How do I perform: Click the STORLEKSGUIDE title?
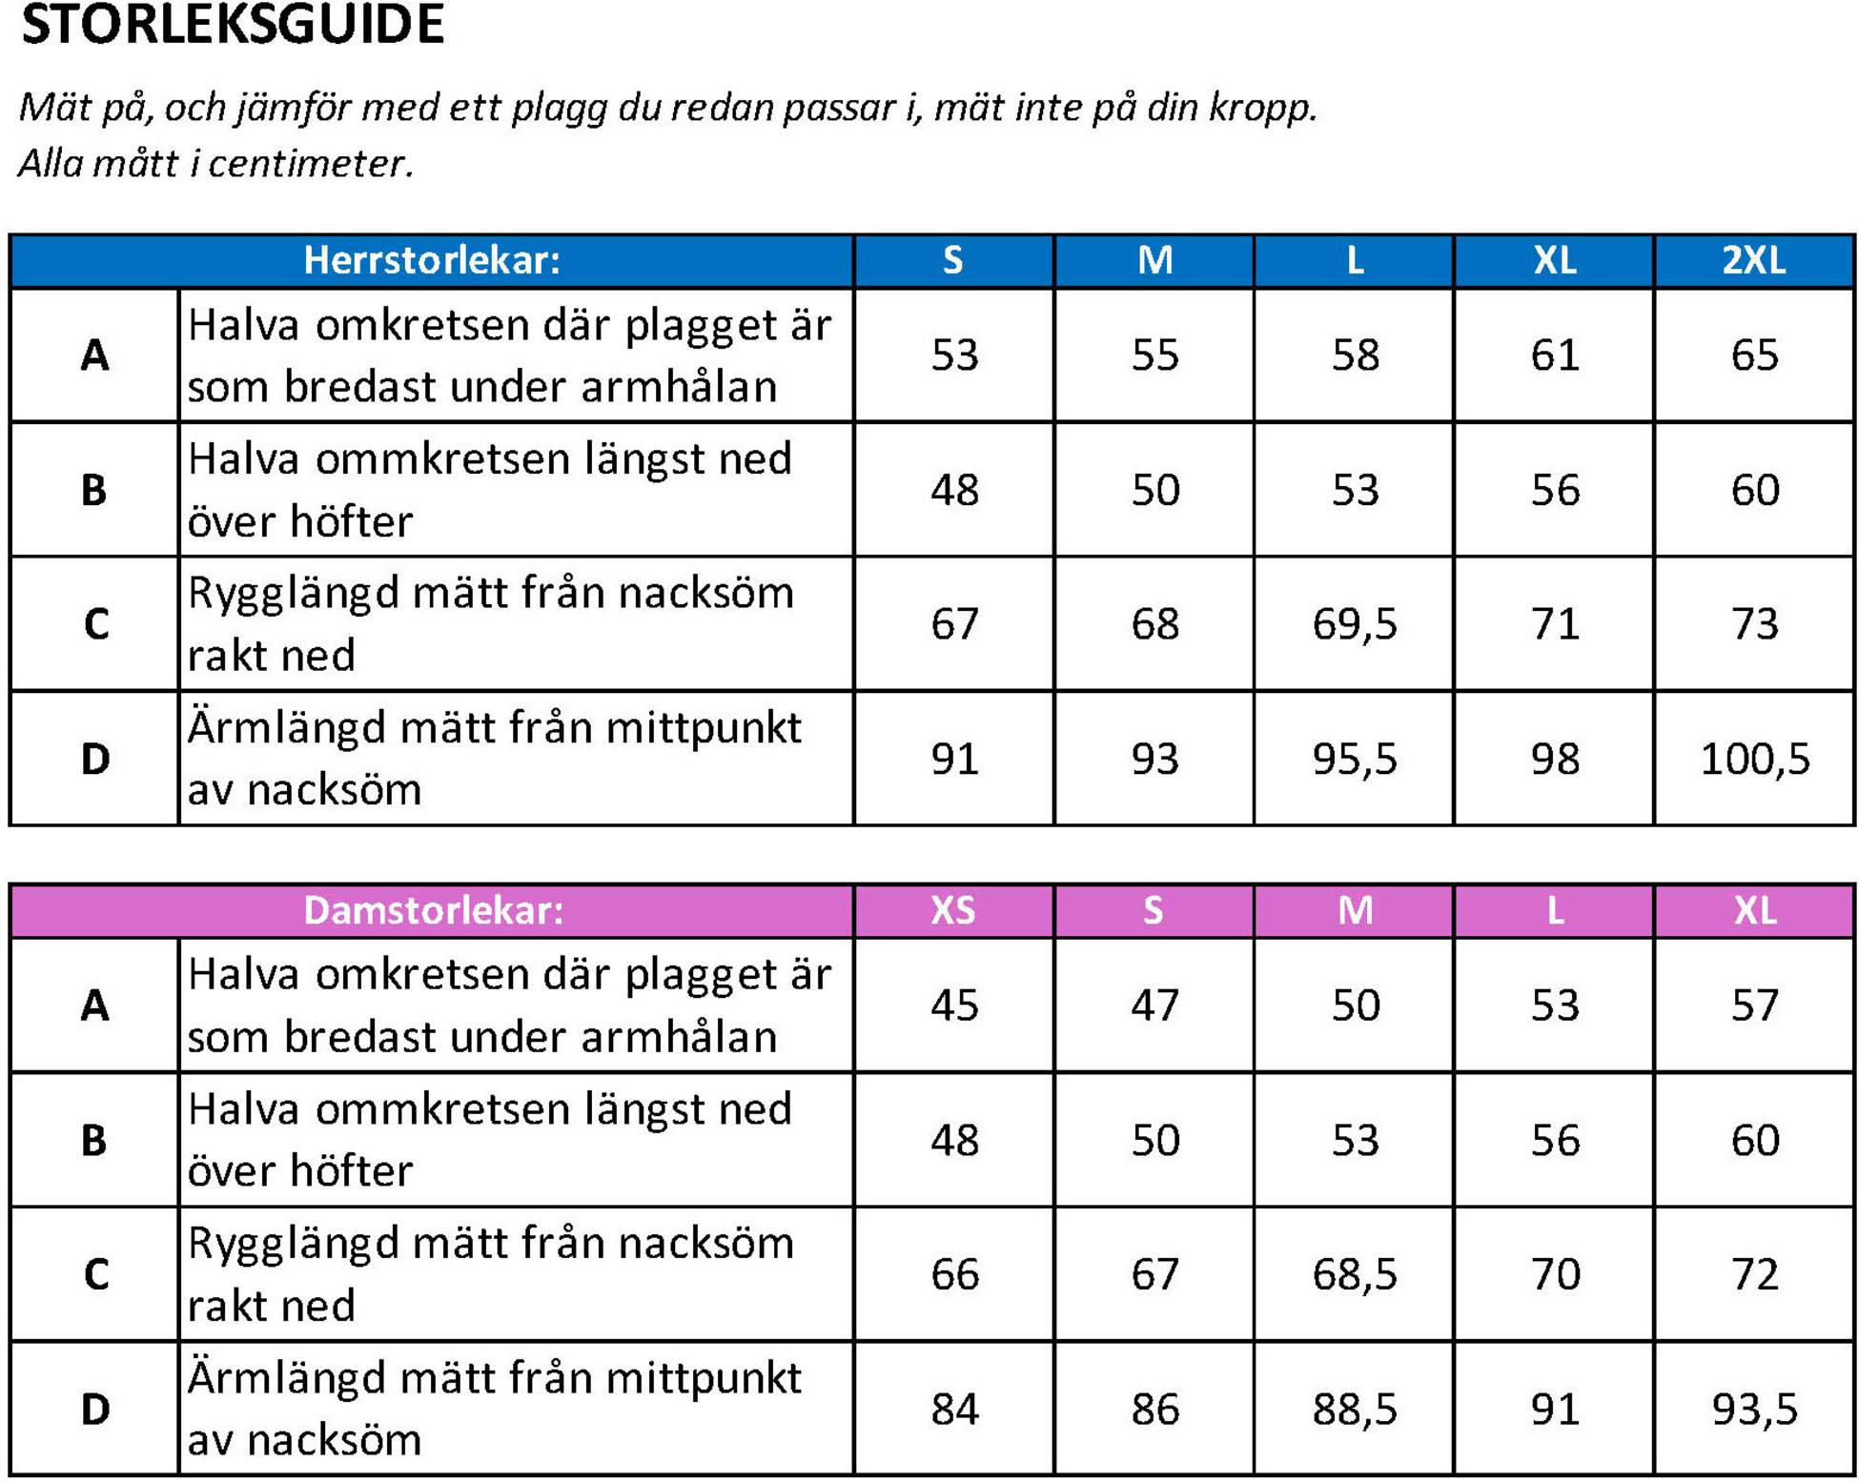(233, 25)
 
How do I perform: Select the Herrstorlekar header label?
(431, 260)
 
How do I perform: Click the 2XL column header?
(1753, 260)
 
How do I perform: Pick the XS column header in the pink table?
(952, 910)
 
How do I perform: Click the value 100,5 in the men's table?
(1754, 760)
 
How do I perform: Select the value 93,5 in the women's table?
(1754, 1410)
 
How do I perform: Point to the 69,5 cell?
(1354, 624)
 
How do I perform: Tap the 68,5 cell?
(1354, 1274)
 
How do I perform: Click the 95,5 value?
(1354, 760)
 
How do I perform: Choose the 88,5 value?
(1354, 1410)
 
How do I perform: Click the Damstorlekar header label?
(433, 910)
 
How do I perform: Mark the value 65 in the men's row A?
(1754, 356)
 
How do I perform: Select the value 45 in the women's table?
(954, 1006)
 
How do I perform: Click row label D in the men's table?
(94, 760)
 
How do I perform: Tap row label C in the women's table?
(95, 1274)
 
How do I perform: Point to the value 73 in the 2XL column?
(1754, 624)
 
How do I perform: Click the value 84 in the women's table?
(954, 1410)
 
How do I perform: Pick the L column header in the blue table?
(1354, 260)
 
